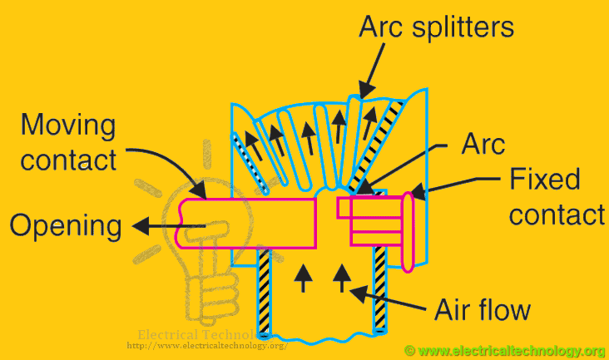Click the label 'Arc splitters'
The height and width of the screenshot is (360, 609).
[x=436, y=27]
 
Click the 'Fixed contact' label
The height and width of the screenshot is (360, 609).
[x=556, y=197]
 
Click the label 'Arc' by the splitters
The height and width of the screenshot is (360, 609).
[x=483, y=145]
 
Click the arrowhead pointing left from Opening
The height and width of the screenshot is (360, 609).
[x=138, y=224]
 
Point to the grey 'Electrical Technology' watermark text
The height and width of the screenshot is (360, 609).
[x=191, y=334]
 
